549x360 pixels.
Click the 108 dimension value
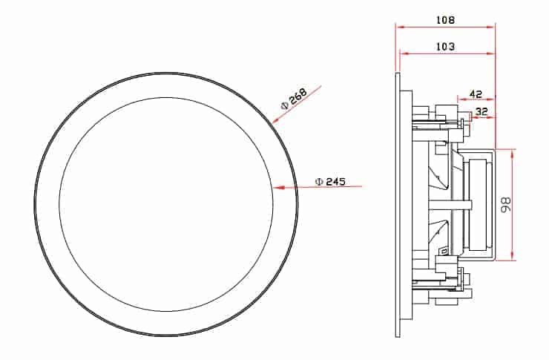point(445,20)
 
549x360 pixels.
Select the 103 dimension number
point(445,46)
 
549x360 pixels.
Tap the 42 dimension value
point(476,94)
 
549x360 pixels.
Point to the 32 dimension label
point(481,111)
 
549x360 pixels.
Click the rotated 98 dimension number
point(505,205)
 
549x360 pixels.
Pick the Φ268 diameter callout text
point(294,99)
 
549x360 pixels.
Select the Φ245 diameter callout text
point(330,182)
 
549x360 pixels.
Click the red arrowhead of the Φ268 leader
point(276,120)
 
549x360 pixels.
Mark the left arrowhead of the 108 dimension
point(400,27)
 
